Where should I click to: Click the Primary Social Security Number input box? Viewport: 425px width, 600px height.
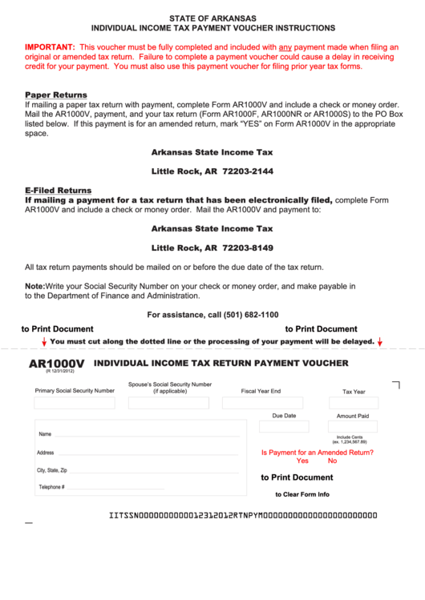[75, 403]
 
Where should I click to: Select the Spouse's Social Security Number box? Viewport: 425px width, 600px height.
[169, 403]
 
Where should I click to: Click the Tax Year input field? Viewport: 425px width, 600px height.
[354, 403]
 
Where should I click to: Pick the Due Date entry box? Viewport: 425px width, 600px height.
[284, 427]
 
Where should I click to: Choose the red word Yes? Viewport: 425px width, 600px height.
[302, 461]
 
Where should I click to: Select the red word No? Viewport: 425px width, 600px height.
[332, 461]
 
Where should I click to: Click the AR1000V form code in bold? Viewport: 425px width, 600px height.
[56, 364]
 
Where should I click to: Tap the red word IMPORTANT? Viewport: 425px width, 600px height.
[50, 47]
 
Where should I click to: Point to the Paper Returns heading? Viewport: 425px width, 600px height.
[56, 95]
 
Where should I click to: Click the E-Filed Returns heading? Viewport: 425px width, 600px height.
[58, 191]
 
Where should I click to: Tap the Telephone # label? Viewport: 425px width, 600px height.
[51, 487]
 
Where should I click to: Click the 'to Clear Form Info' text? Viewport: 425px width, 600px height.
[302, 494]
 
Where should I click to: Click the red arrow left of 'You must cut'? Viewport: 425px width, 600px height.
[44, 342]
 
